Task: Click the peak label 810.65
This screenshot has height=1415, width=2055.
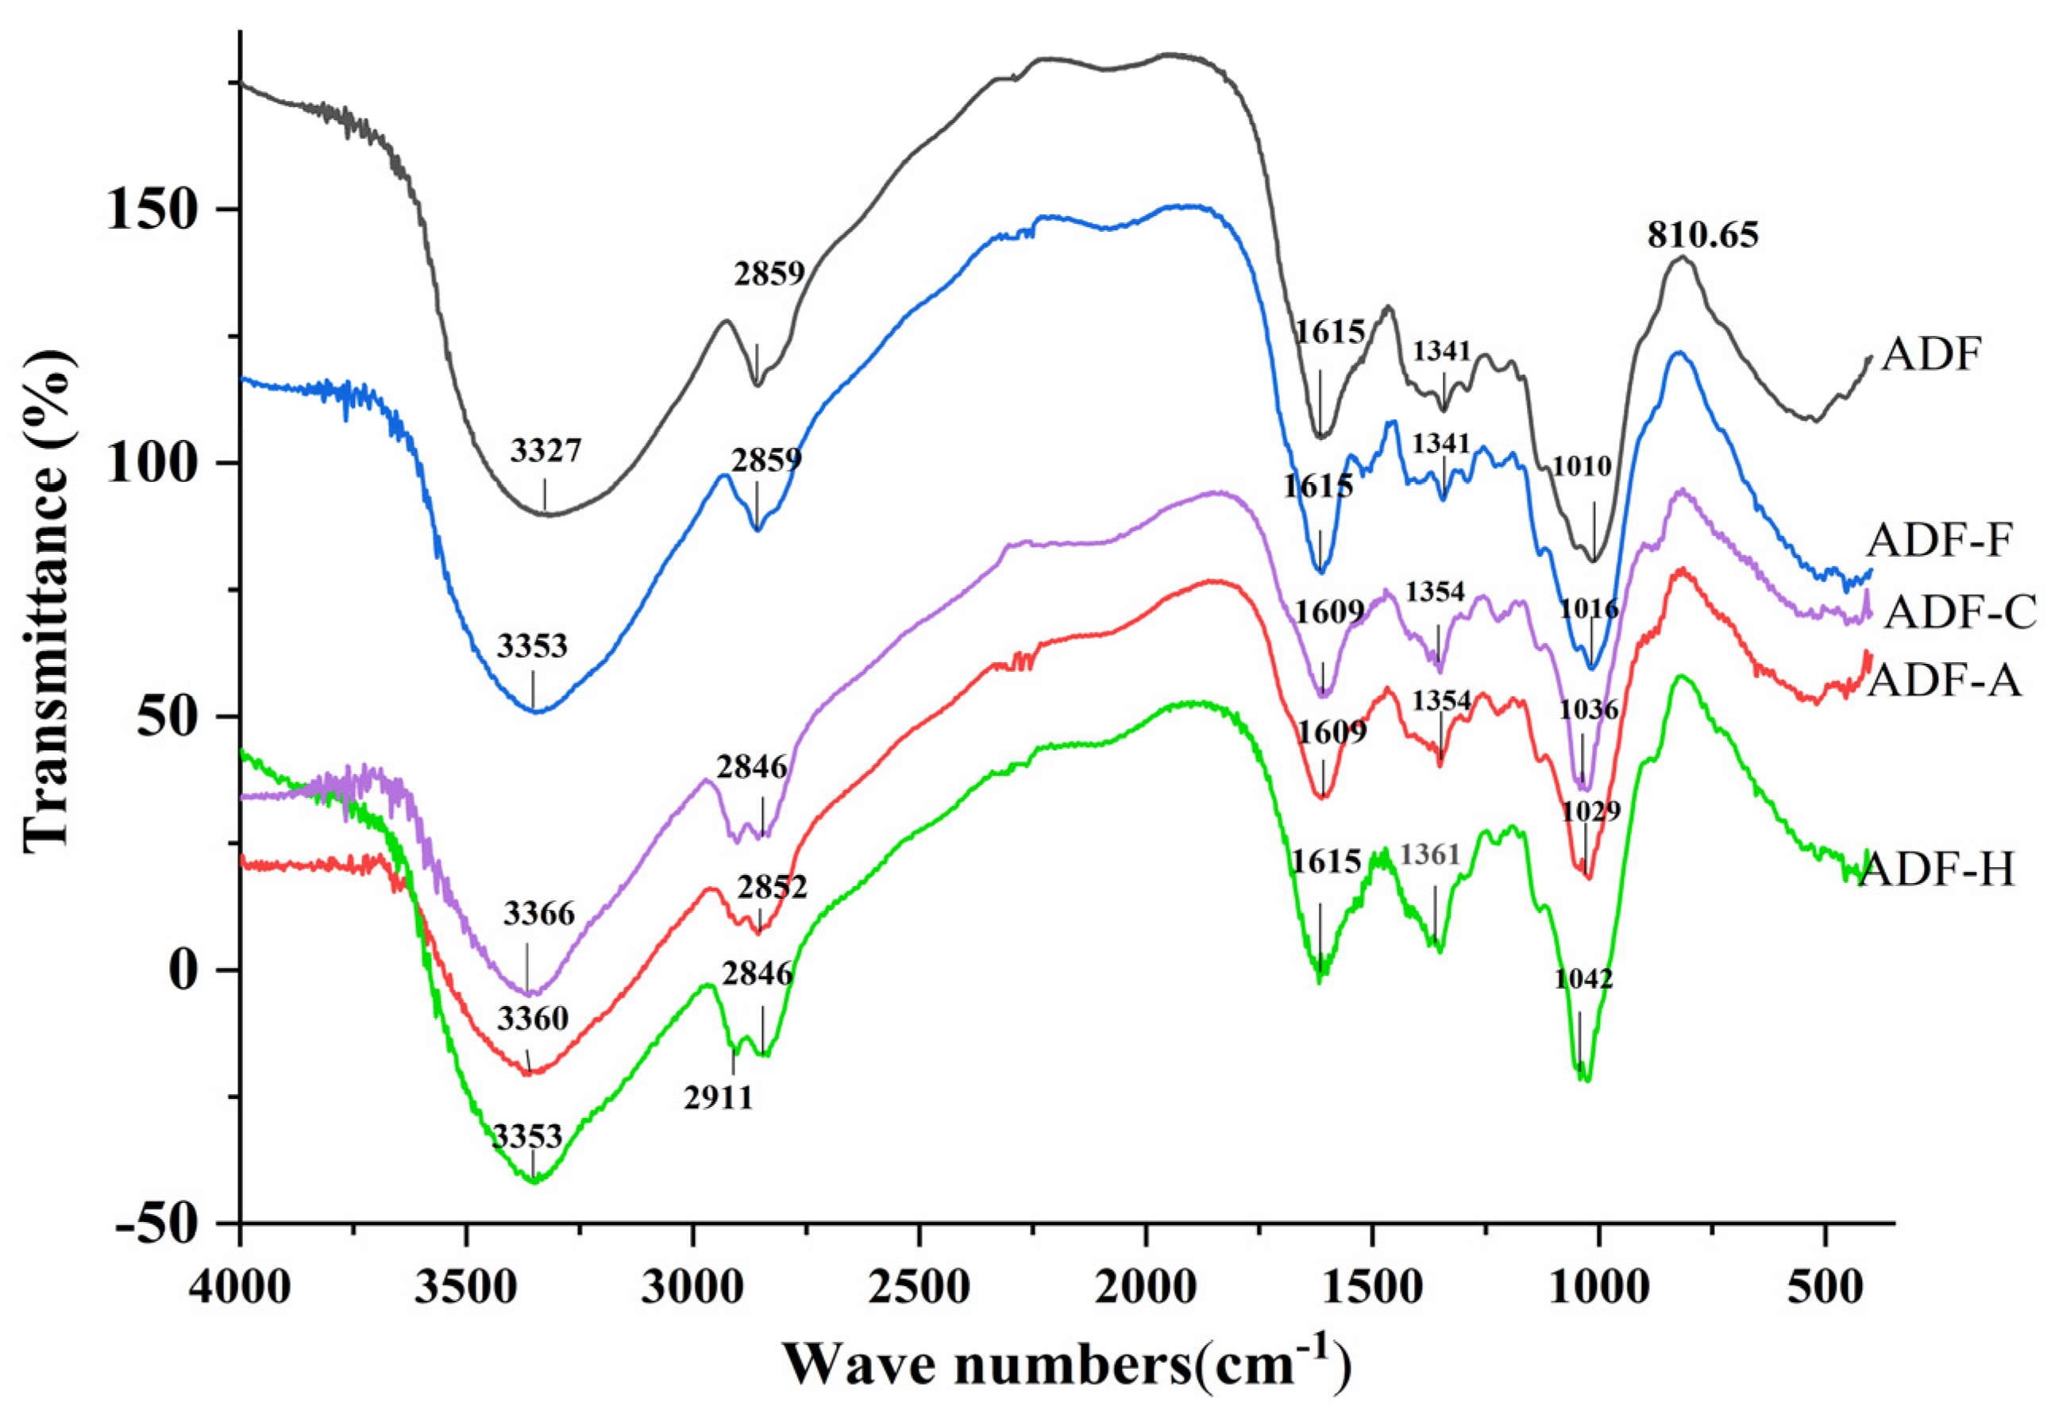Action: [x=1702, y=236]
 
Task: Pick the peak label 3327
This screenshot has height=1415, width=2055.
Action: [x=546, y=451]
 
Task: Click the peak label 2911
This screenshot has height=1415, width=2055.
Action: [x=718, y=1098]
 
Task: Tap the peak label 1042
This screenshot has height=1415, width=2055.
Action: [x=1583, y=980]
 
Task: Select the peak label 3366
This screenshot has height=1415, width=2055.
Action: [x=539, y=913]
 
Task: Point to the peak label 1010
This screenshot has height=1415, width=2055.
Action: [x=1582, y=466]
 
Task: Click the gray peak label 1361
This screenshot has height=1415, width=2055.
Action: [x=1430, y=855]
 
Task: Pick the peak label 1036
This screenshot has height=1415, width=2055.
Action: [x=1589, y=709]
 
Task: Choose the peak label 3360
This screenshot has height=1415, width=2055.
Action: [x=532, y=1020]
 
